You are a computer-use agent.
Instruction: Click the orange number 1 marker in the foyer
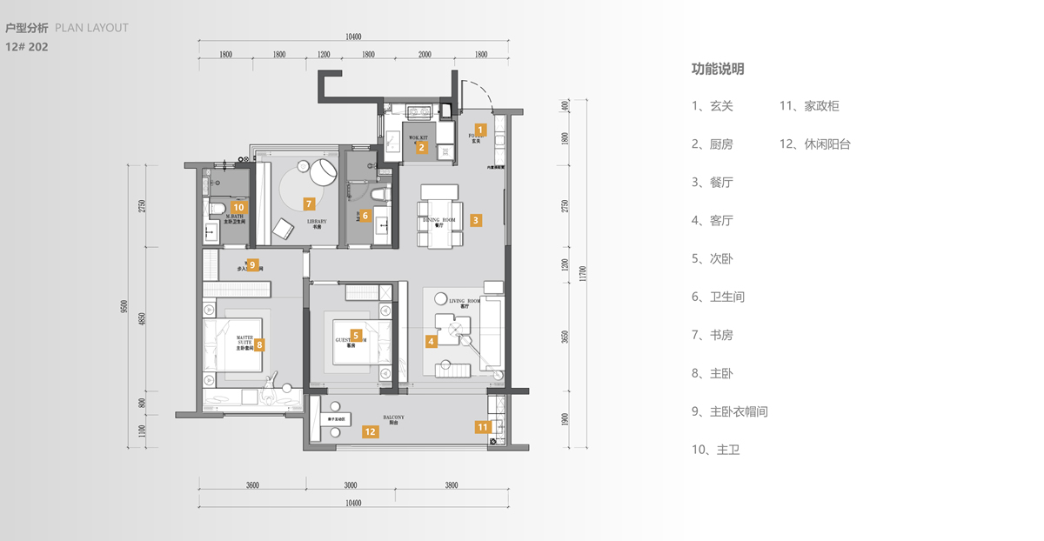(x=479, y=130)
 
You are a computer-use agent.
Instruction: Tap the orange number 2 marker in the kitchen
(x=422, y=147)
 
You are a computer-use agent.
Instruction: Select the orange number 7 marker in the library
(x=308, y=204)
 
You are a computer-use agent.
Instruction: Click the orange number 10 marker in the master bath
(x=238, y=208)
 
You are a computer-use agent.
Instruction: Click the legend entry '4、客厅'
(x=713, y=221)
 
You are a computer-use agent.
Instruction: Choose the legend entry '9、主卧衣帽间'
(x=730, y=411)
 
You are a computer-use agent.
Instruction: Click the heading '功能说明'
(x=718, y=69)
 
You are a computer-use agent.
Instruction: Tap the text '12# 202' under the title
(x=27, y=47)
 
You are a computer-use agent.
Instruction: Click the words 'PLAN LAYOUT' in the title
(x=91, y=28)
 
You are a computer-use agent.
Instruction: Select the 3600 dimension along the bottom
(x=252, y=485)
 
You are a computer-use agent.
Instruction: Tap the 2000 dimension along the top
(x=425, y=54)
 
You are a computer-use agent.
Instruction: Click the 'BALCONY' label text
(x=394, y=417)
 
